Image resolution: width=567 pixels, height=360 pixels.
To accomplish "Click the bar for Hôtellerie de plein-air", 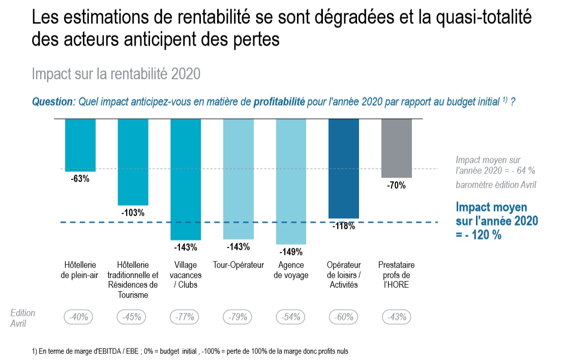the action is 80,145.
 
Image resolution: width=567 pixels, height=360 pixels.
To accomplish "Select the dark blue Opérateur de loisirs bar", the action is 344,168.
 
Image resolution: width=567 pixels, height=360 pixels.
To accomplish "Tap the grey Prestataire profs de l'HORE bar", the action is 396,148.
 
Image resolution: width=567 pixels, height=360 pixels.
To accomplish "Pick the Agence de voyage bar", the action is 291,182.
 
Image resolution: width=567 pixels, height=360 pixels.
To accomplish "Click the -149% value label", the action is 291,252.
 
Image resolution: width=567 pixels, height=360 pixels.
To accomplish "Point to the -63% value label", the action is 80,178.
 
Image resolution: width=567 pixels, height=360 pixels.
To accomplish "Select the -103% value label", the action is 133,213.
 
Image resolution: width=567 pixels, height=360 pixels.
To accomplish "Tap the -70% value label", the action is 396,186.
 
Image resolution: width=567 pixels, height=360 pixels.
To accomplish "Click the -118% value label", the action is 344,226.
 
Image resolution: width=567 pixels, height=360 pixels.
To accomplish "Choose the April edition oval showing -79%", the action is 237,317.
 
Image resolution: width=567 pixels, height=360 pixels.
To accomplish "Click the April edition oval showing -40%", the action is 78,317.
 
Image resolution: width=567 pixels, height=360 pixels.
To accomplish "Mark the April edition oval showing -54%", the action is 291,317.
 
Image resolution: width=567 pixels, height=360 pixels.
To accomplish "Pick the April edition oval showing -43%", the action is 397,317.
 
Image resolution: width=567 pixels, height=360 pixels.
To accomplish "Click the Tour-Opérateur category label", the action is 238,265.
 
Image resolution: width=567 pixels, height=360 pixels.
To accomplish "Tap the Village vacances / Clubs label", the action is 186,275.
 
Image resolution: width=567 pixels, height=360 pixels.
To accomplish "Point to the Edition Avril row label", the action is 22,318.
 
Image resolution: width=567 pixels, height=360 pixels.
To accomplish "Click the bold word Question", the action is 52,102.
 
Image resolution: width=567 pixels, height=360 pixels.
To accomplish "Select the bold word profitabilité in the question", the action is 279,102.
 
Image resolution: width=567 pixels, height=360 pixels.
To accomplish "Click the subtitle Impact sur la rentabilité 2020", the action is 116,74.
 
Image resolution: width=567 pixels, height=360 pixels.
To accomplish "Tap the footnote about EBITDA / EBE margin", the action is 190,351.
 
